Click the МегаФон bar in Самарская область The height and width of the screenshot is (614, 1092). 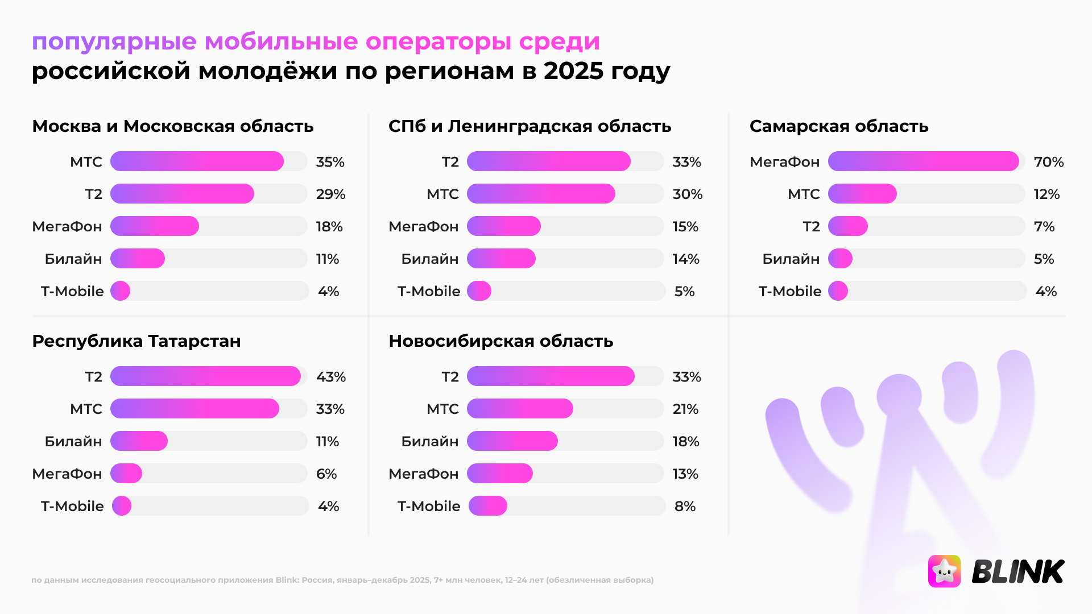(x=923, y=161)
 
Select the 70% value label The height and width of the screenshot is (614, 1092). (x=1048, y=162)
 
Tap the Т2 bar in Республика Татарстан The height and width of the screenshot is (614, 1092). (x=205, y=376)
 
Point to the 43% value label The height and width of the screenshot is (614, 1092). (x=330, y=377)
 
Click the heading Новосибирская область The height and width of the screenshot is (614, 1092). (x=500, y=341)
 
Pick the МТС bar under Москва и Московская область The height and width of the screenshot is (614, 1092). (x=197, y=161)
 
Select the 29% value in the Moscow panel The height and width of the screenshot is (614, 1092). (x=330, y=194)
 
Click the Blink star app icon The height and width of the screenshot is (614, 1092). (x=944, y=571)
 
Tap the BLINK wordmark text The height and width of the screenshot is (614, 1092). (x=1017, y=571)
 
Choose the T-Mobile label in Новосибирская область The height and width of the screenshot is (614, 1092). (x=428, y=506)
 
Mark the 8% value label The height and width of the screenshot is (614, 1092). (x=685, y=506)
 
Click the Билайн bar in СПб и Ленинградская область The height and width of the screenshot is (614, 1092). (x=501, y=259)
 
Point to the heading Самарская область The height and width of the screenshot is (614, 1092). (x=838, y=126)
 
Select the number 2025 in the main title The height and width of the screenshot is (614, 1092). (x=573, y=71)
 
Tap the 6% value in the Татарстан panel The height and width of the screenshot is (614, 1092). (x=326, y=474)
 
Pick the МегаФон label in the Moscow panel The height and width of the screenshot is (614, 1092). (x=67, y=226)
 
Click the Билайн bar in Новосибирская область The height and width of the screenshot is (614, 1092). (x=512, y=441)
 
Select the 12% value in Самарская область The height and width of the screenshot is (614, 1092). (x=1046, y=194)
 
